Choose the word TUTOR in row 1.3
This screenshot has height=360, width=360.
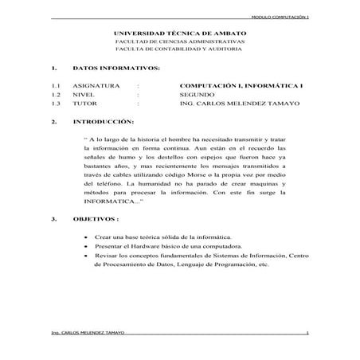click(84, 103)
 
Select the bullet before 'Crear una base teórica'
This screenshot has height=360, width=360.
click(86, 238)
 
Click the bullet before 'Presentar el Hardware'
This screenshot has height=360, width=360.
click(86, 247)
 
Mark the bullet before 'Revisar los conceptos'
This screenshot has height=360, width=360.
click(86, 256)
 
